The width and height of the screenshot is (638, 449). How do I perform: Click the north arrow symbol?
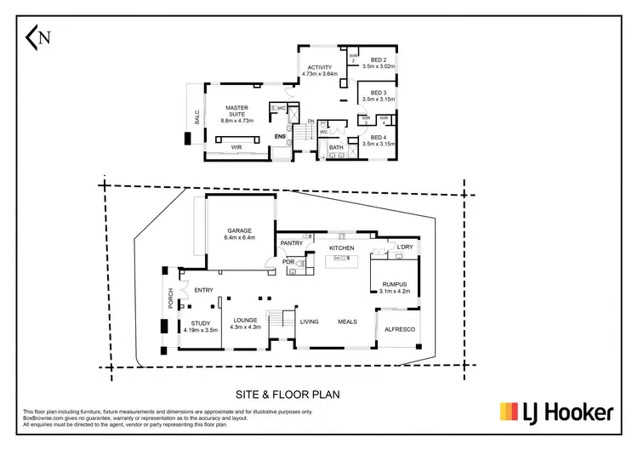tap(38, 37)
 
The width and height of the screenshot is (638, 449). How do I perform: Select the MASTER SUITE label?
tap(236, 112)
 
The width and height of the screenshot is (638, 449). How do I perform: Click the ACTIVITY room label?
tap(320, 69)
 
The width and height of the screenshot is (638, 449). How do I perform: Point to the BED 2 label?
tap(374, 60)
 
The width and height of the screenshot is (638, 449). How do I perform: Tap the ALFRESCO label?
tap(399, 328)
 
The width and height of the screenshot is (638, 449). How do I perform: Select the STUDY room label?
tap(201, 323)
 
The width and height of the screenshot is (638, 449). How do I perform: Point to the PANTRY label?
tap(293, 242)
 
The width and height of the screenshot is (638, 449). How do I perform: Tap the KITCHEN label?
tap(341, 247)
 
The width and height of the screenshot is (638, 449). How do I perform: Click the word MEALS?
tap(347, 321)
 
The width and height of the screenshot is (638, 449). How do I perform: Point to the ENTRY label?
tap(203, 291)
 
